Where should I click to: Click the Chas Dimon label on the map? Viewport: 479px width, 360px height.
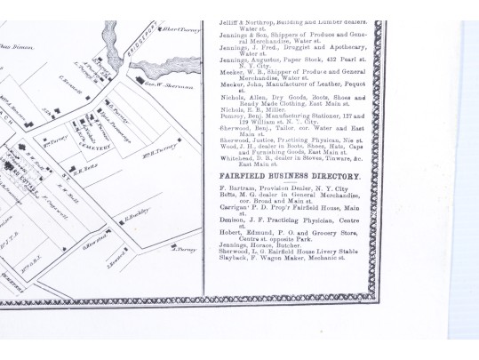12,46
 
